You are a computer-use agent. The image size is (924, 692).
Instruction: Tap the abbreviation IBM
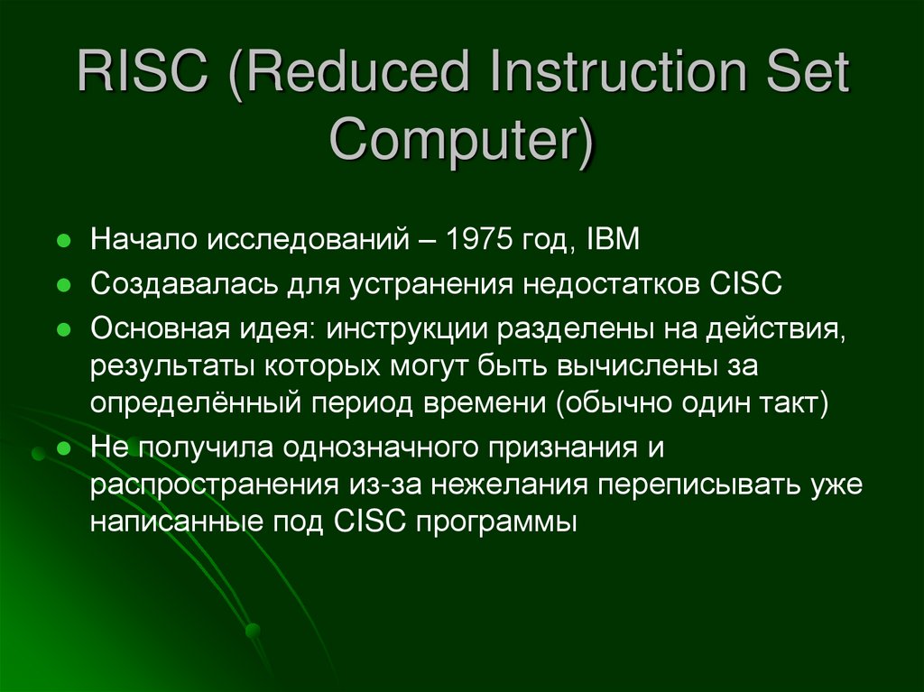[613, 240]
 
